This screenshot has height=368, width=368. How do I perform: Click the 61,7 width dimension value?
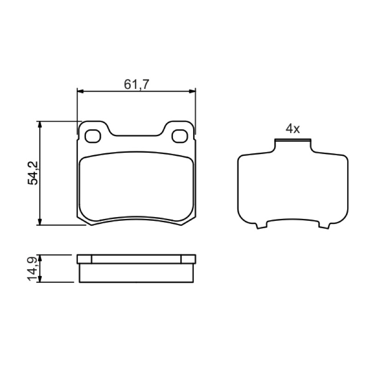click(x=136, y=85)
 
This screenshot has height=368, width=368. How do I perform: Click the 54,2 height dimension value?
click(x=33, y=173)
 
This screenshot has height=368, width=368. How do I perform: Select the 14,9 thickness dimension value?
click(x=32, y=269)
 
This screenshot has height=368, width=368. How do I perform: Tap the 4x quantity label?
click(x=293, y=129)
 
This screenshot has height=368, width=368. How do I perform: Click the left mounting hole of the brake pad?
click(x=93, y=136)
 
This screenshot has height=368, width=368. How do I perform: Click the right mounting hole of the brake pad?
click(x=179, y=136)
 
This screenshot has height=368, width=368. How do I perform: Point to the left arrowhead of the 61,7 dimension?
click(x=80, y=91)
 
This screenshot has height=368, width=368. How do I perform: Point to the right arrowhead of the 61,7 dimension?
click(x=192, y=91)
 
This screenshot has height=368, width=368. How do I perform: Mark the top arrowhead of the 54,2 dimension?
click(x=40, y=124)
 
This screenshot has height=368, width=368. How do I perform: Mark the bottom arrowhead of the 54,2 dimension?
click(x=40, y=222)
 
